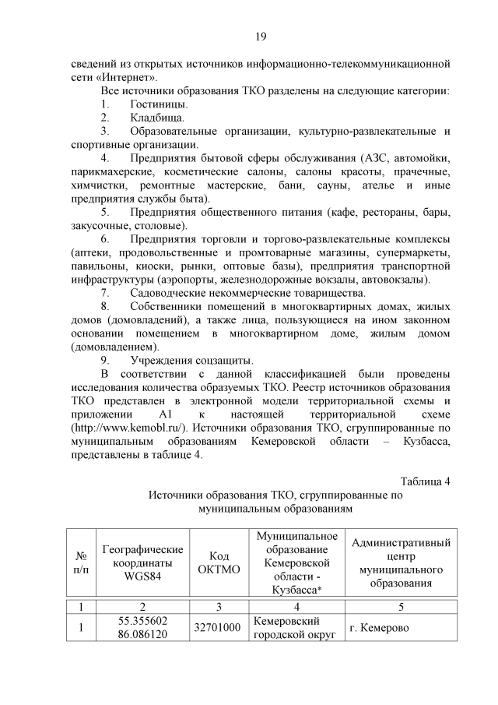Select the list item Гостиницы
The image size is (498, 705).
[159, 104]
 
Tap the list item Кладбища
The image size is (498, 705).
[157, 118]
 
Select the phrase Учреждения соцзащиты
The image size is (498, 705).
[191, 360]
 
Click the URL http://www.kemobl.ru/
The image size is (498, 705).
[129, 427]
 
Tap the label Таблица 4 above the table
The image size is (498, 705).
[425, 480]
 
